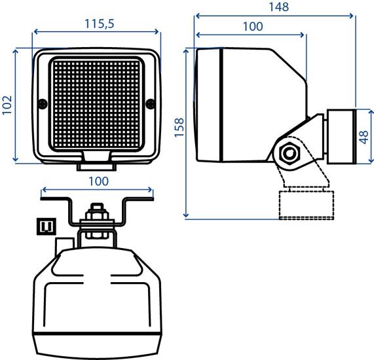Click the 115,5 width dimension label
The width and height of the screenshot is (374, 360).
coord(100,24)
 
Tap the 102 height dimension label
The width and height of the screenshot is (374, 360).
coord(7,105)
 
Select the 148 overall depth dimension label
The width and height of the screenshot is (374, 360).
coord(278,7)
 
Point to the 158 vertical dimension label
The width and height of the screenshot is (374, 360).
coord(179,128)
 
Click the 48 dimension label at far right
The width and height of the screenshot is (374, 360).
coord(364,137)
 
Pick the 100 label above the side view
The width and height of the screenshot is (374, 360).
coord(253,26)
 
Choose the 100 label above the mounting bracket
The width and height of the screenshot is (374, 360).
coord(98,181)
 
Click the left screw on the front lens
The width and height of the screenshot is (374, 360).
coord(43,104)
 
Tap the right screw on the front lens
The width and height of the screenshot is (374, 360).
coord(151,104)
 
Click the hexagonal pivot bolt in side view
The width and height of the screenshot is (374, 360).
coord(290,154)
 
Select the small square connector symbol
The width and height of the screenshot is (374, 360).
coord(47,226)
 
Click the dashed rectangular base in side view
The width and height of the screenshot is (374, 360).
coord(307,205)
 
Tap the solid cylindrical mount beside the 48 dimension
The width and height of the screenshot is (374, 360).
coord(341,136)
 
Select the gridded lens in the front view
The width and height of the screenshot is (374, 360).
coord(96,105)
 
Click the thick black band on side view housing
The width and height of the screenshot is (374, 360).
coord(221,105)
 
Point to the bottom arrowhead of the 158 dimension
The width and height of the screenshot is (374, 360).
coord(186,215)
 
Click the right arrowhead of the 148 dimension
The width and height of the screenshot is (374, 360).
coord(351,16)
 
